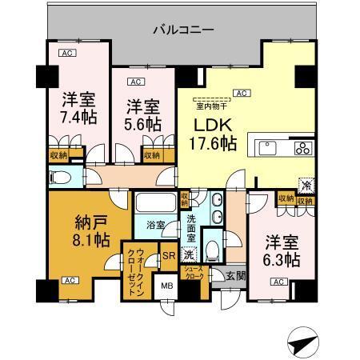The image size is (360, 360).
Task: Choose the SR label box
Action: pos(169,256)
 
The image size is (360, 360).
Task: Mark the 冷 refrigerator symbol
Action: pos(305,183)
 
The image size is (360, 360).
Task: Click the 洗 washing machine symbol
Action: pos(186,254)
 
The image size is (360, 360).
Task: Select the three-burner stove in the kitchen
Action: pos(304,147)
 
